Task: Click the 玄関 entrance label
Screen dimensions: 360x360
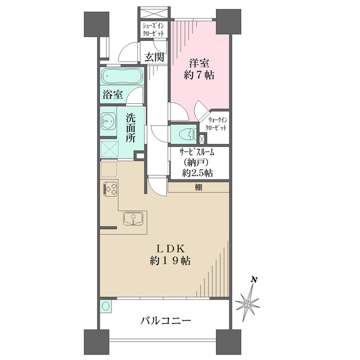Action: [155, 57]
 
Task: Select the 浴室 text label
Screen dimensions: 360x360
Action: [113, 94]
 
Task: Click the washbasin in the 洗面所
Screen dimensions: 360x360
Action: [109, 121]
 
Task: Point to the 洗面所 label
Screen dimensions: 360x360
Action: [130, 128]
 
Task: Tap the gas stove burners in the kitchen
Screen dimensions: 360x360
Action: [110, 189]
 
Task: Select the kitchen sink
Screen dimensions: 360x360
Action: [133, 218]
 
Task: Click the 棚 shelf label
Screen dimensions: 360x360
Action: [199, 187]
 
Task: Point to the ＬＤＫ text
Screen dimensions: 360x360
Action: [170, 248]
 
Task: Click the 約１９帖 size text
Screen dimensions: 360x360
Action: [170, 261]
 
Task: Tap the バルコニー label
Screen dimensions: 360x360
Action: [166, 320]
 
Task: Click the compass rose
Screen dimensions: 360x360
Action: [247, 304]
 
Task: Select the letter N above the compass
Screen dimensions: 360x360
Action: [253, 280]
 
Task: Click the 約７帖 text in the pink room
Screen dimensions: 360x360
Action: [199, 75]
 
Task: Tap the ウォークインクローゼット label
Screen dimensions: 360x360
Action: [216, 124]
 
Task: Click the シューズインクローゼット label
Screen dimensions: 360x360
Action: [154, 29]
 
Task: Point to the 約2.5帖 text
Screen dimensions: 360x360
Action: [197, 173]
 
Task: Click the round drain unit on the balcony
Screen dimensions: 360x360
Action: [106, 306]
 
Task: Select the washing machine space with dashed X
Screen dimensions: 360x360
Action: [110, 149]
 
